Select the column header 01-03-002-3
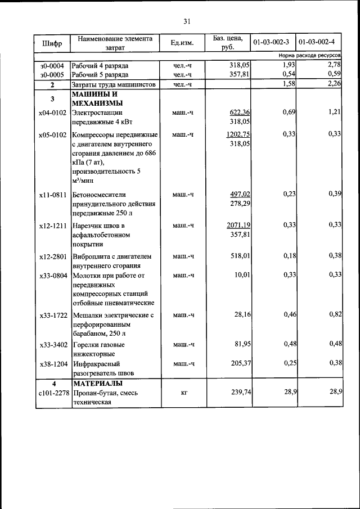tap(271, 43)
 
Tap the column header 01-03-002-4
tap(317, 43)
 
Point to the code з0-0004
tap(52, 66)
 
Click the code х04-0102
tap(53, 112)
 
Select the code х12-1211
tap(53, 226)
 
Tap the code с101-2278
tap(53, 393)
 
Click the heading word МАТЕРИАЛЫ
tap(97, 383)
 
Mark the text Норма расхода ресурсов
tap(309, 56)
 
